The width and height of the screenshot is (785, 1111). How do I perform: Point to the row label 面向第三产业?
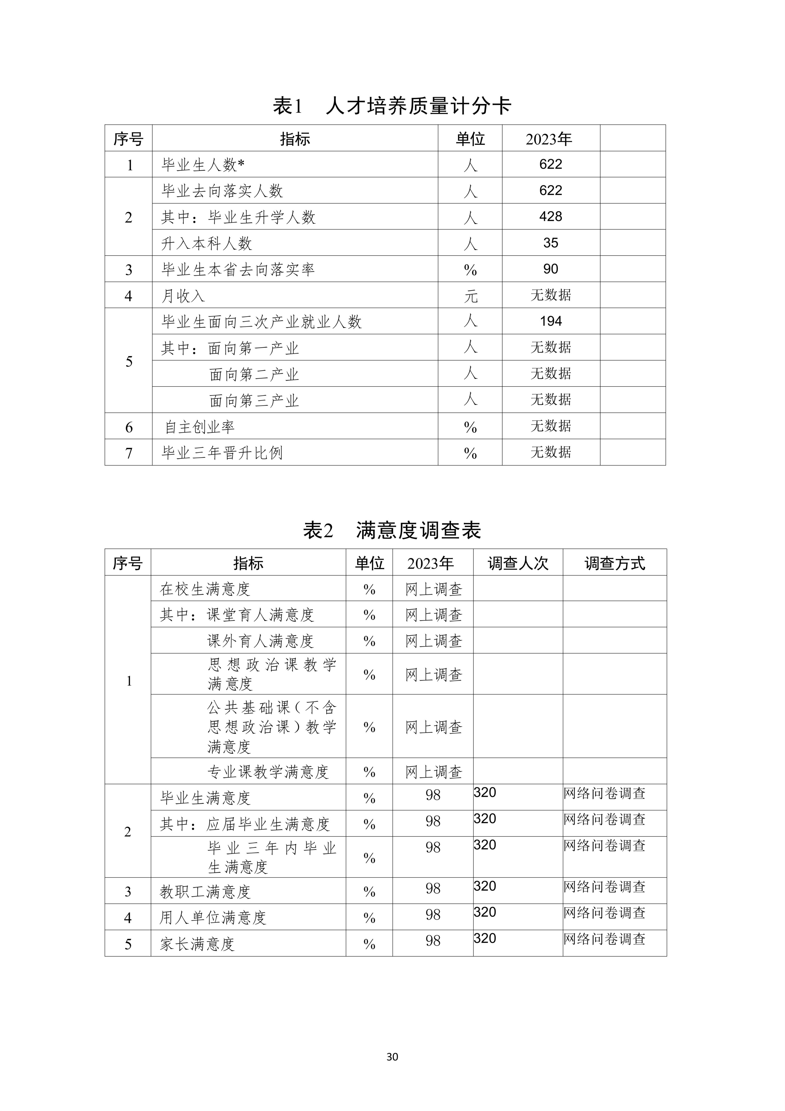254,400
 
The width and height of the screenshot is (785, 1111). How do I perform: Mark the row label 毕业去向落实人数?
222,191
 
